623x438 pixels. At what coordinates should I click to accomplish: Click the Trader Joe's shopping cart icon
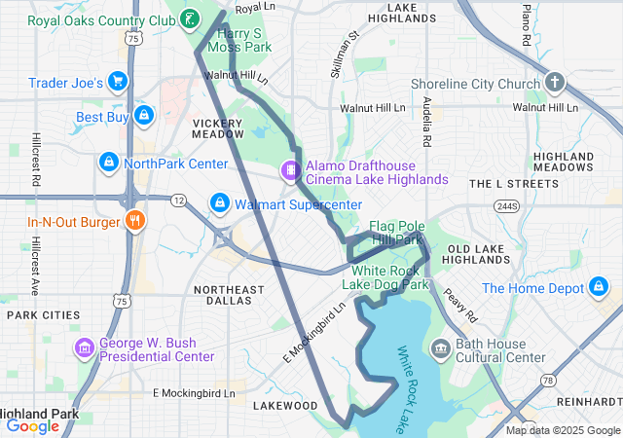tap(119, 82)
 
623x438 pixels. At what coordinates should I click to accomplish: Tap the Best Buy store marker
tap(144, 117)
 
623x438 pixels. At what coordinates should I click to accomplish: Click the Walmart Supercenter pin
tap(220, 203)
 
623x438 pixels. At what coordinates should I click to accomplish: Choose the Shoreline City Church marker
tap(555, 82)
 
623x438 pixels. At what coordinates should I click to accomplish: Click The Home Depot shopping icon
tap(600, 287)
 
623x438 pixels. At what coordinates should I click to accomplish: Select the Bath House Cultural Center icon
tap(441, 347)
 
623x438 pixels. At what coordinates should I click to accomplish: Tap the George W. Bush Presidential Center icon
tap(85, 347)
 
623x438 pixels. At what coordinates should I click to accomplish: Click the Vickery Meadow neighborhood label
tap(218, 128)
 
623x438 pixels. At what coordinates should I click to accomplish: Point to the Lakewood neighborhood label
tap(285, 405)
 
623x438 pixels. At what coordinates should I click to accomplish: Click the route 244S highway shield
tap(506, 206)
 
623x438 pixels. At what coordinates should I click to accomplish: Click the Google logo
tap(33, 425)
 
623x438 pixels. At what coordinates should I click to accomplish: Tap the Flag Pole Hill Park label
tap(395, 232)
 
